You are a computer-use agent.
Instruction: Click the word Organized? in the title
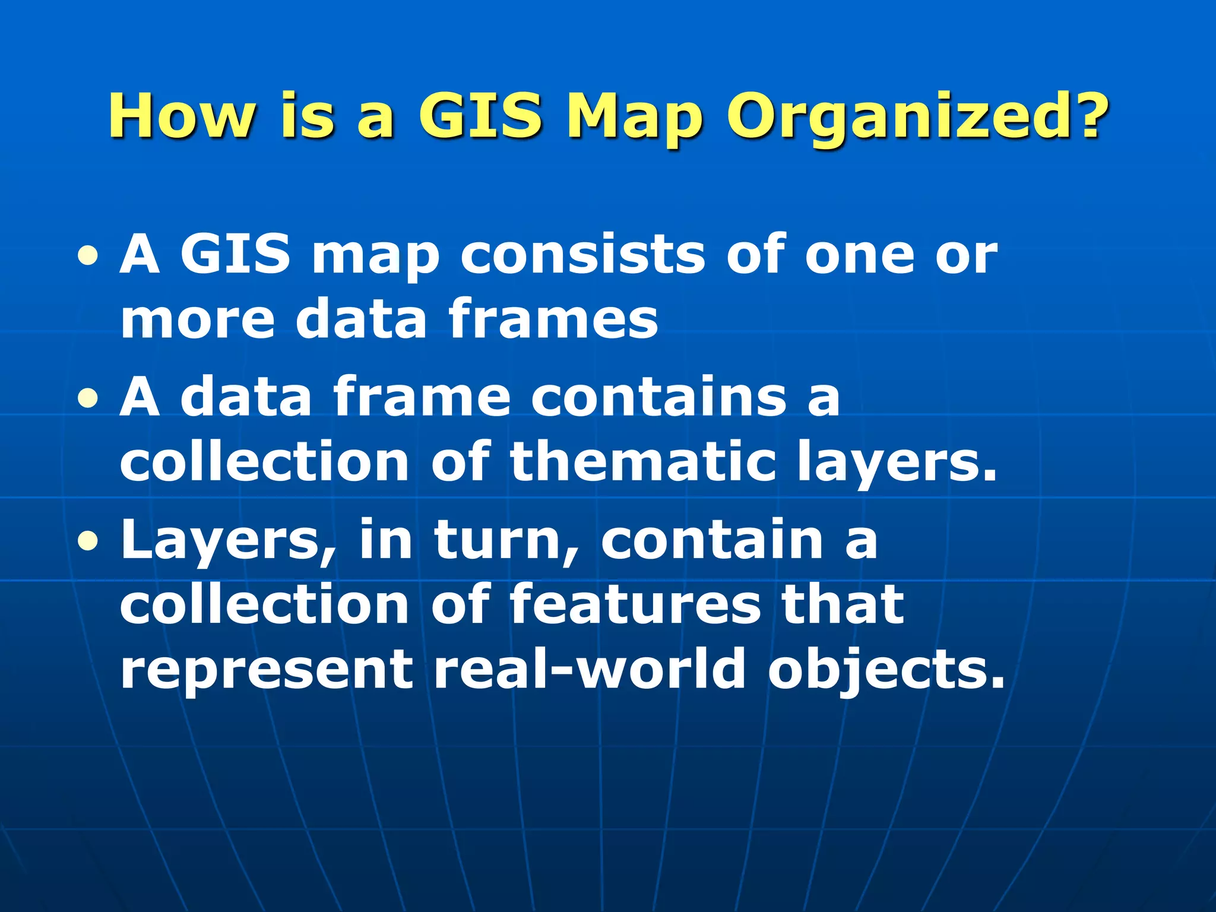pos(917,116)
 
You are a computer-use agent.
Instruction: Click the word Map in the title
pos(634,116)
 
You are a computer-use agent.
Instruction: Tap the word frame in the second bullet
pos(422,397)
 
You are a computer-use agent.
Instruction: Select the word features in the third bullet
pos(635,604)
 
